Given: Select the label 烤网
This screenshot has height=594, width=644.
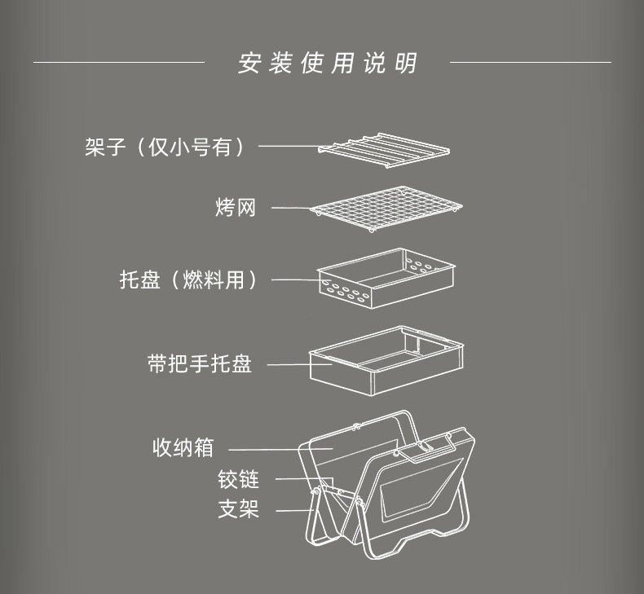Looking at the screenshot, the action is [236, 208].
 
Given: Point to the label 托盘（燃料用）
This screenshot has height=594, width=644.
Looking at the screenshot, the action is [189, 280].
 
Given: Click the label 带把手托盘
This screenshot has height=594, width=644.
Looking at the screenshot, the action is [200, 363].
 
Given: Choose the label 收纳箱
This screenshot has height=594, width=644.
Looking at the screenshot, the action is [183, 448].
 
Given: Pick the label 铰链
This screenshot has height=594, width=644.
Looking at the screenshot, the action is [238, 479].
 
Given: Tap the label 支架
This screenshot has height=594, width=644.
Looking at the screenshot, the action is [238, 510].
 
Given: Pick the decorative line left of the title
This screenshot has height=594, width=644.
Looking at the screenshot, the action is [118, 62].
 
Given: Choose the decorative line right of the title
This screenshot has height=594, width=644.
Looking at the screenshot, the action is [530, 62].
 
